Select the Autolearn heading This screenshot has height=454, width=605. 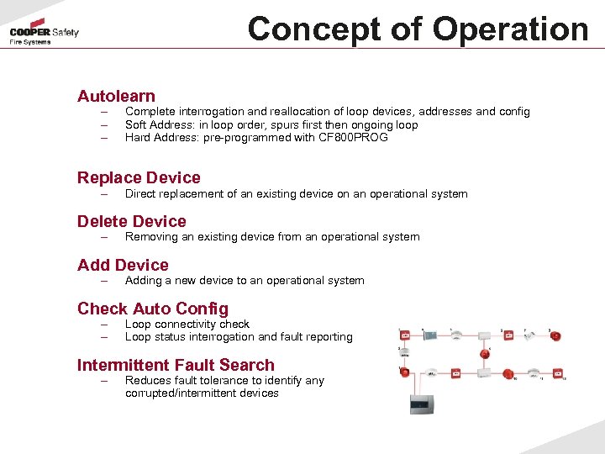[116, 97]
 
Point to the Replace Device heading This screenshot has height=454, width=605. [139, 177]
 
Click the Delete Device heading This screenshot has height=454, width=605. [132, 221]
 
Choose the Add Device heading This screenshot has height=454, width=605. [123, 265]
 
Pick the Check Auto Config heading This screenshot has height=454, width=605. [152, 309]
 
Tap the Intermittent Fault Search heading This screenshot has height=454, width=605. [176, 365]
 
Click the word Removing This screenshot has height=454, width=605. [151, 237]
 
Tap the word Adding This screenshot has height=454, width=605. [143, 281]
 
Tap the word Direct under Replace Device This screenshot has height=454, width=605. [140, 194]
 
